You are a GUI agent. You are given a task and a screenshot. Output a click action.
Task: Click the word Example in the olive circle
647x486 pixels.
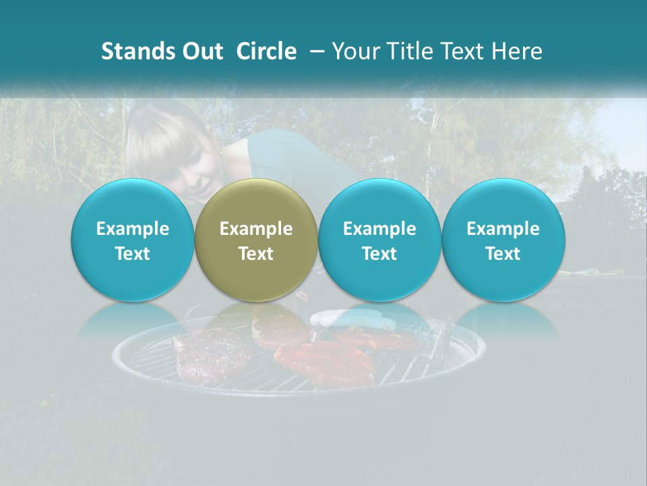(x=256, y=229)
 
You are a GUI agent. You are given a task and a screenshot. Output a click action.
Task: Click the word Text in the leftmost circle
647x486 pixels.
(x=133, y=254)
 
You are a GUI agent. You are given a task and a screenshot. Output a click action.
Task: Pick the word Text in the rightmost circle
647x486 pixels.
(x=503, y=254)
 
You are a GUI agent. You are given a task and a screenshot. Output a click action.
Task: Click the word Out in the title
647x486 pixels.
(x=200, y=51)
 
